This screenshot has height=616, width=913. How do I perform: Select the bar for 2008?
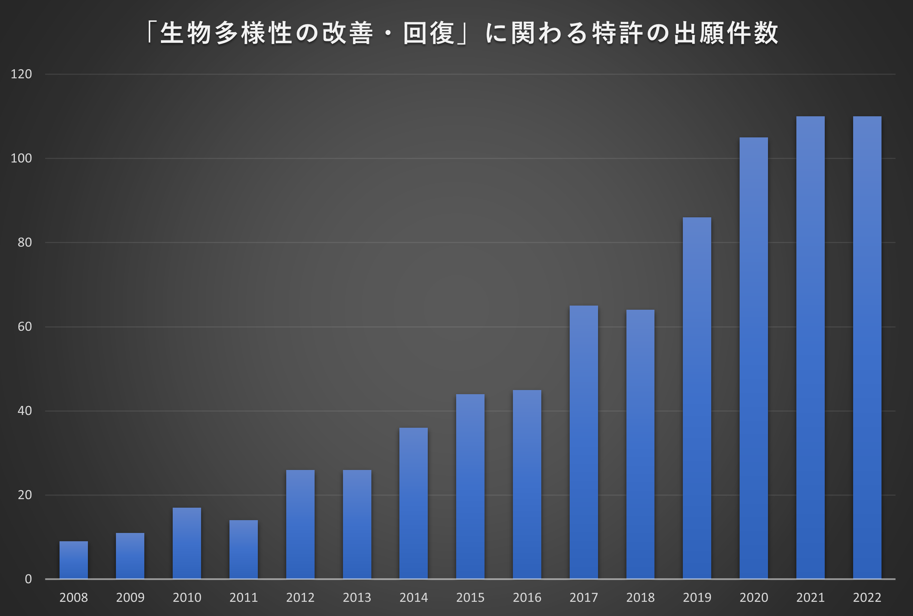click(73, 560)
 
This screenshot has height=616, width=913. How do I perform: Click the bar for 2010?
click(187, 543)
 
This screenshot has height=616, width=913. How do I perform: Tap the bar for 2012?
click(300, 524)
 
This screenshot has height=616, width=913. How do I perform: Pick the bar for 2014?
click(413, 503)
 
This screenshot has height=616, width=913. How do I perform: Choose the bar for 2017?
click(584, 442)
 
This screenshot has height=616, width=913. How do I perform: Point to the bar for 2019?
click(697, 398)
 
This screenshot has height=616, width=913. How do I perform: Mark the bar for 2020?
click(753, 358)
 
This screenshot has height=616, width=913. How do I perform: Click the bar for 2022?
click(867, 347)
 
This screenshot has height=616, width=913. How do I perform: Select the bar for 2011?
click(244, 549)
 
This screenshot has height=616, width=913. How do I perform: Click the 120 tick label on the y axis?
click(21, 74)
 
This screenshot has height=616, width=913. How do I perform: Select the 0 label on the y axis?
click(28, 579)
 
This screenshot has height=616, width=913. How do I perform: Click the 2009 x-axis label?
click(130, 598)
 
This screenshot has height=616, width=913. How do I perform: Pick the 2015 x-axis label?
click(470, 598)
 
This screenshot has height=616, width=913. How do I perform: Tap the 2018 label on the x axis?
click(640, 598)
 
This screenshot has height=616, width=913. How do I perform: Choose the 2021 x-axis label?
click(810, 598)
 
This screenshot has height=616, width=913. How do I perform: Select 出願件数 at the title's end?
click(726, 33)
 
